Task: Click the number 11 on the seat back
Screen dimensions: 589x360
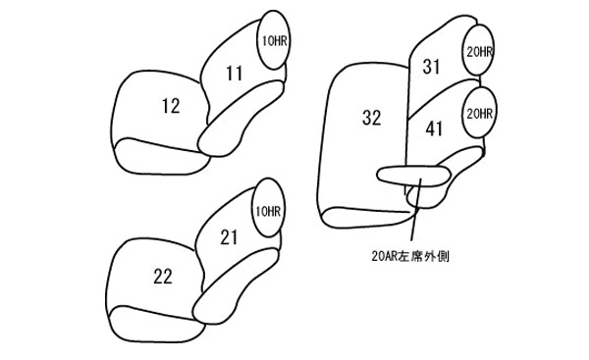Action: [x=235, y=74]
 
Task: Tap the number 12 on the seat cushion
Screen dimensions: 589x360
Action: [x=171, y=106]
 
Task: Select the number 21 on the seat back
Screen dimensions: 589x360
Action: [x=229, y=237]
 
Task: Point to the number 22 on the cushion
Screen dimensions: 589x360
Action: [x=163, y=277]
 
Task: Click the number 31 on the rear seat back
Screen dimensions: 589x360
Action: [x=431, y=67]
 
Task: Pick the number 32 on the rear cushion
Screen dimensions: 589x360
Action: [x=371, y=118]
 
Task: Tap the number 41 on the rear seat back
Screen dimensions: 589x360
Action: [x=434, y=129]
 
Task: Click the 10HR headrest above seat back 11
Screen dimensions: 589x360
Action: [x=274, y=40]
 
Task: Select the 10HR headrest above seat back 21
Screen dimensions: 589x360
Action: [x=268, y=207]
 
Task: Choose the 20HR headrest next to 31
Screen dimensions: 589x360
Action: [x=477, y=50]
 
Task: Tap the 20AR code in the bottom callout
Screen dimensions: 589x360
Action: [x=384, y=256]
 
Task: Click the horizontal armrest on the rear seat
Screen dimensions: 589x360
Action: [x=413, y=176]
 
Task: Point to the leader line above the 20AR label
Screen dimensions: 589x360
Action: [x=416, y=210]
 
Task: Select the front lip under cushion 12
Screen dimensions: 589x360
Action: [x=162, y=157]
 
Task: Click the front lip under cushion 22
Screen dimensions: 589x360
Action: [x=157, y=325]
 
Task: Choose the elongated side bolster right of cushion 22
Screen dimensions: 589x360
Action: [x=236, y=285]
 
